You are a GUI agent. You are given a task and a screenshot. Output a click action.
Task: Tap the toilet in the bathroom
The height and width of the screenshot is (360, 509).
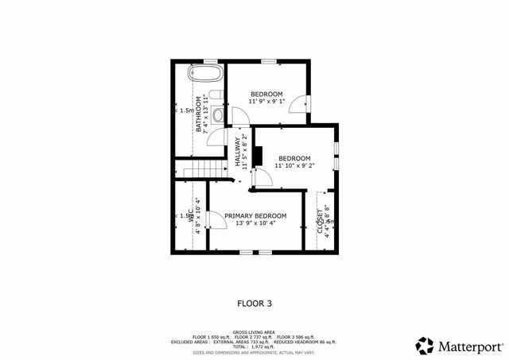pos(216,98)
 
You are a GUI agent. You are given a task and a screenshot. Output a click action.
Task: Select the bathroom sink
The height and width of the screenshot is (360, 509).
pos(218,114)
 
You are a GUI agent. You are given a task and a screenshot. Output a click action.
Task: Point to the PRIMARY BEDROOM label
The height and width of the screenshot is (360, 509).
pos(255,216)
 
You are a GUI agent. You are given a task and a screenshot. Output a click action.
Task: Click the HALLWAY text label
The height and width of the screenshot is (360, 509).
pos(237,150)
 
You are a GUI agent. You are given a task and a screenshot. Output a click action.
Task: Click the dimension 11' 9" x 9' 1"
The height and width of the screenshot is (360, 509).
pos(266,102)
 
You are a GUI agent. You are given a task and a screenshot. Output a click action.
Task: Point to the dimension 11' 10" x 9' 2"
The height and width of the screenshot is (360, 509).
pos(294,165)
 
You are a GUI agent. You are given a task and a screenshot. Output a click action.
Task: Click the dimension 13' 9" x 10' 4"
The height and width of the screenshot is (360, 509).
pos(255,224)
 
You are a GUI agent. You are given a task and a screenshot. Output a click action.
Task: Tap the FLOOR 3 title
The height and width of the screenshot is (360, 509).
pos(254,303)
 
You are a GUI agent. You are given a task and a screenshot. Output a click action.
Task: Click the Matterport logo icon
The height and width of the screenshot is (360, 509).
pos(425,346)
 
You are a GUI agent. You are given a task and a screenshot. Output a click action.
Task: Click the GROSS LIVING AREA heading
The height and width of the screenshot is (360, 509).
pos(254,331)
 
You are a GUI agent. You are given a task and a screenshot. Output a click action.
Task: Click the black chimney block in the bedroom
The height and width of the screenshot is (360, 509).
pos(258,157)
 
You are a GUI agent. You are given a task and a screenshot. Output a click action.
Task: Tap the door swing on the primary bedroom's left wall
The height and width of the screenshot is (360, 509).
pos(214,222)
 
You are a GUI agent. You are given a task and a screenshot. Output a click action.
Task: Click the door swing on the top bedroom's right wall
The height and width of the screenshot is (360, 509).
pos(297,104)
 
